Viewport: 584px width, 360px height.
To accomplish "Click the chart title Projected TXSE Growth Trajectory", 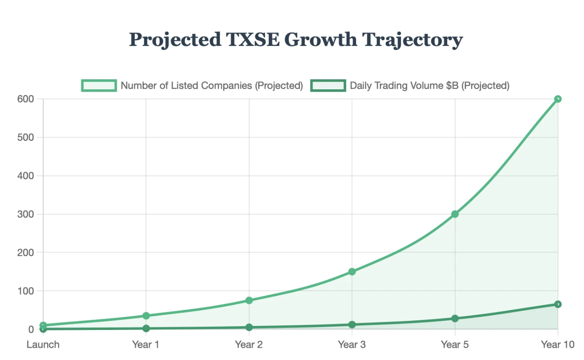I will click(x=296, y=40).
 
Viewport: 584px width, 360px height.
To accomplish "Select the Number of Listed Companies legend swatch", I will click(x=99, y=85).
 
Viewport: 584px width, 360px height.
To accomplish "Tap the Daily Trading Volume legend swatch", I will click(x=328, y=85).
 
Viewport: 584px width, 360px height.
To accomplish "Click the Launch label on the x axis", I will click(x=43, y=345).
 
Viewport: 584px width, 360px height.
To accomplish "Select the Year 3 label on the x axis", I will click(x=352, y=345).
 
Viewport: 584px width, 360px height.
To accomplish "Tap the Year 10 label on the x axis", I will click(x=557, y=345).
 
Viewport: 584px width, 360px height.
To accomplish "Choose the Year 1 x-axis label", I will click(x=146, y=345).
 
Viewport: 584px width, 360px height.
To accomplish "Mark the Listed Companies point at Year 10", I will click(x=558, y=99).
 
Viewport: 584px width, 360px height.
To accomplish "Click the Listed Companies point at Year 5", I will click(x=455, y=214).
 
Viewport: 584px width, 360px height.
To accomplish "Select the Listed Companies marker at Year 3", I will click(x=352, y=272).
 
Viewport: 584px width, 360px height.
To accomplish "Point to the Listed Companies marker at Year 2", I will click(x=249, y=300).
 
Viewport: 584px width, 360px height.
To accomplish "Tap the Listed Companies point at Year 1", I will click(x=146, y=316).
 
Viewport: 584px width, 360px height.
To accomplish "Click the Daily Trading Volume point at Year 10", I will click(x=558, y=304).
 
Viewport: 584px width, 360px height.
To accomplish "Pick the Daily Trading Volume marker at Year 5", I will click(x=455, y=319).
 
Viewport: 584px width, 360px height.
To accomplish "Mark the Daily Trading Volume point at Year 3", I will click(x=352, y=324).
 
